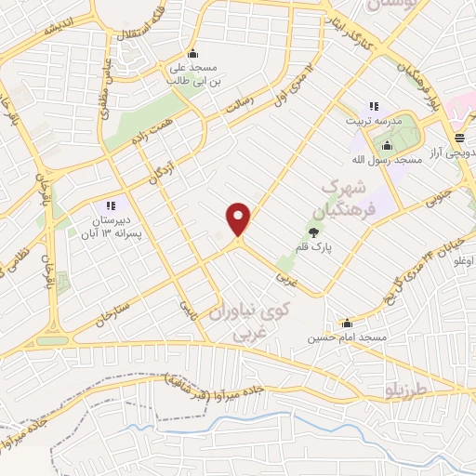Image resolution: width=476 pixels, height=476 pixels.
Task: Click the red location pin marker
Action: (x=239, y=219)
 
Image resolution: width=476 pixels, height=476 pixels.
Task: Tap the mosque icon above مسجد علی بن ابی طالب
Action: (x=192, y=53)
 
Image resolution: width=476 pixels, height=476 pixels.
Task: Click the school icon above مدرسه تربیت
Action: (x=375, y=107)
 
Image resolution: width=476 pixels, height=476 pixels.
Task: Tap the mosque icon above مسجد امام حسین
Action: (x=348, y=324)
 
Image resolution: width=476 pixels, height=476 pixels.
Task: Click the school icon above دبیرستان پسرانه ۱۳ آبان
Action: (x=110, y=205)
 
